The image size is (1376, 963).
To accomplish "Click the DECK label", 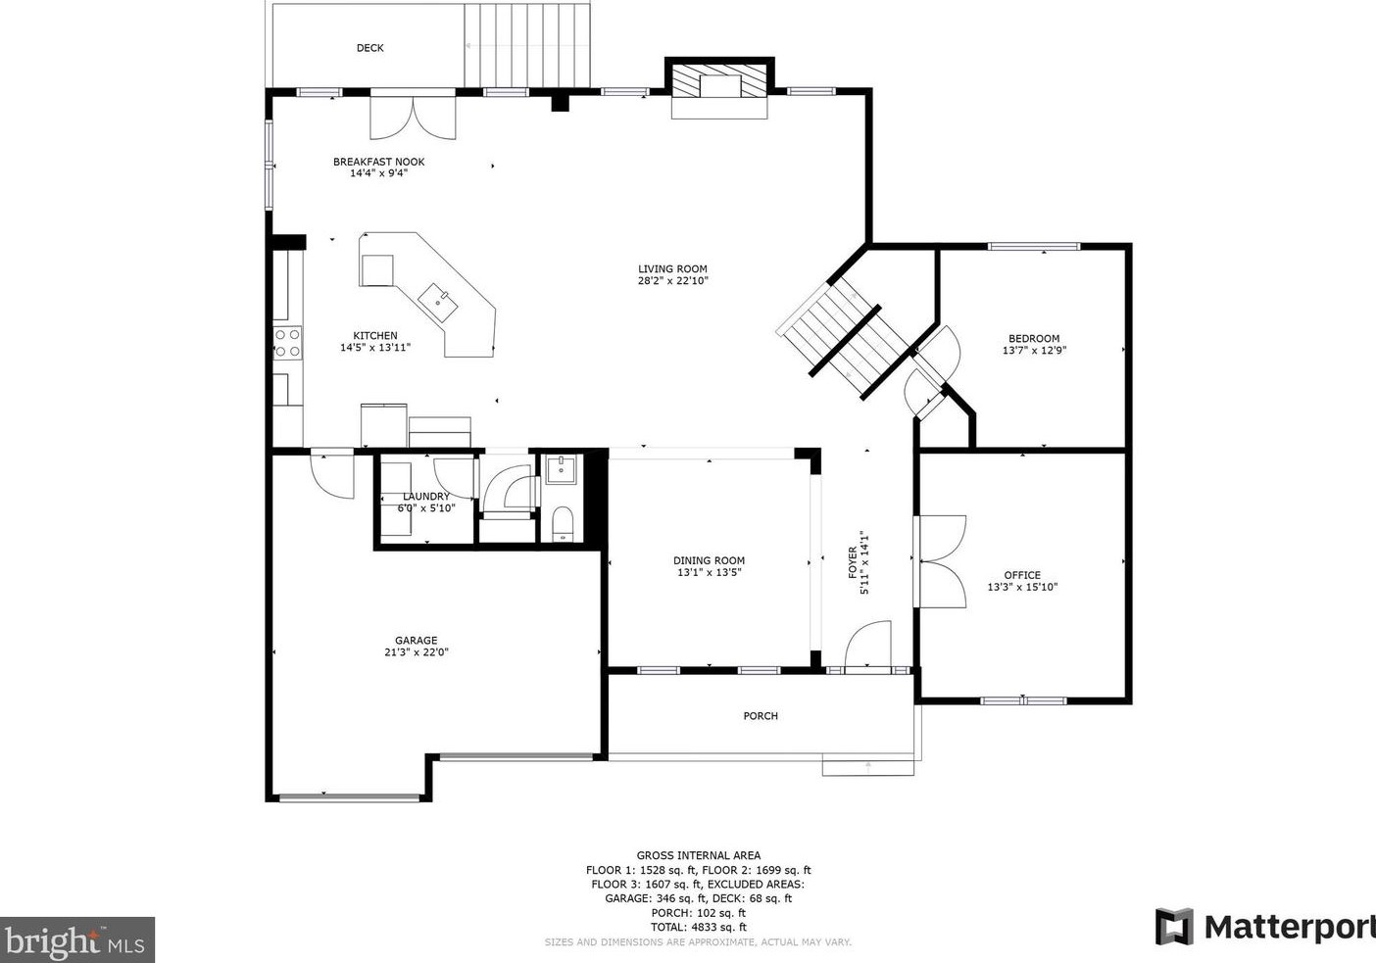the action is (369, 48).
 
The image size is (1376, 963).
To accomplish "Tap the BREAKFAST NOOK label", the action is (379, 163).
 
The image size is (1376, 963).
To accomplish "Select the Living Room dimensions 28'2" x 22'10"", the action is (672, 280).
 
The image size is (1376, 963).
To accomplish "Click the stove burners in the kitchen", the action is (287, 343).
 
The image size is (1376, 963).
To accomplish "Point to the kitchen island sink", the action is (437, 302).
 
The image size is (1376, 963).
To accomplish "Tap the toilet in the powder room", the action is (563, 524).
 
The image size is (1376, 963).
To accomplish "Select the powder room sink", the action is (561, 469).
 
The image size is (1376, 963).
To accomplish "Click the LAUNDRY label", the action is (426, 497).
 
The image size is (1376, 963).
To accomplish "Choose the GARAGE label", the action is (416, 641).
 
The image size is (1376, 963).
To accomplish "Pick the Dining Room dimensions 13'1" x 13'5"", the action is (709, 572).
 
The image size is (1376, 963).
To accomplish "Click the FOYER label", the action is (852, 562).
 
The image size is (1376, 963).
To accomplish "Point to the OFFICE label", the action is (1022, 575).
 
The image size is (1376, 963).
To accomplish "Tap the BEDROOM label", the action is (1034, 338).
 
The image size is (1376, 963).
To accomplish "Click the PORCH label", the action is (761, 716).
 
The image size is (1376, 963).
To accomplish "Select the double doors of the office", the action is (940, 562).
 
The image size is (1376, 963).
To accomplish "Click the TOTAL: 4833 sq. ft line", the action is (699, 928).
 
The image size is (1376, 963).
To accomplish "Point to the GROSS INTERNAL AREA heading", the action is (699, 855).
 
